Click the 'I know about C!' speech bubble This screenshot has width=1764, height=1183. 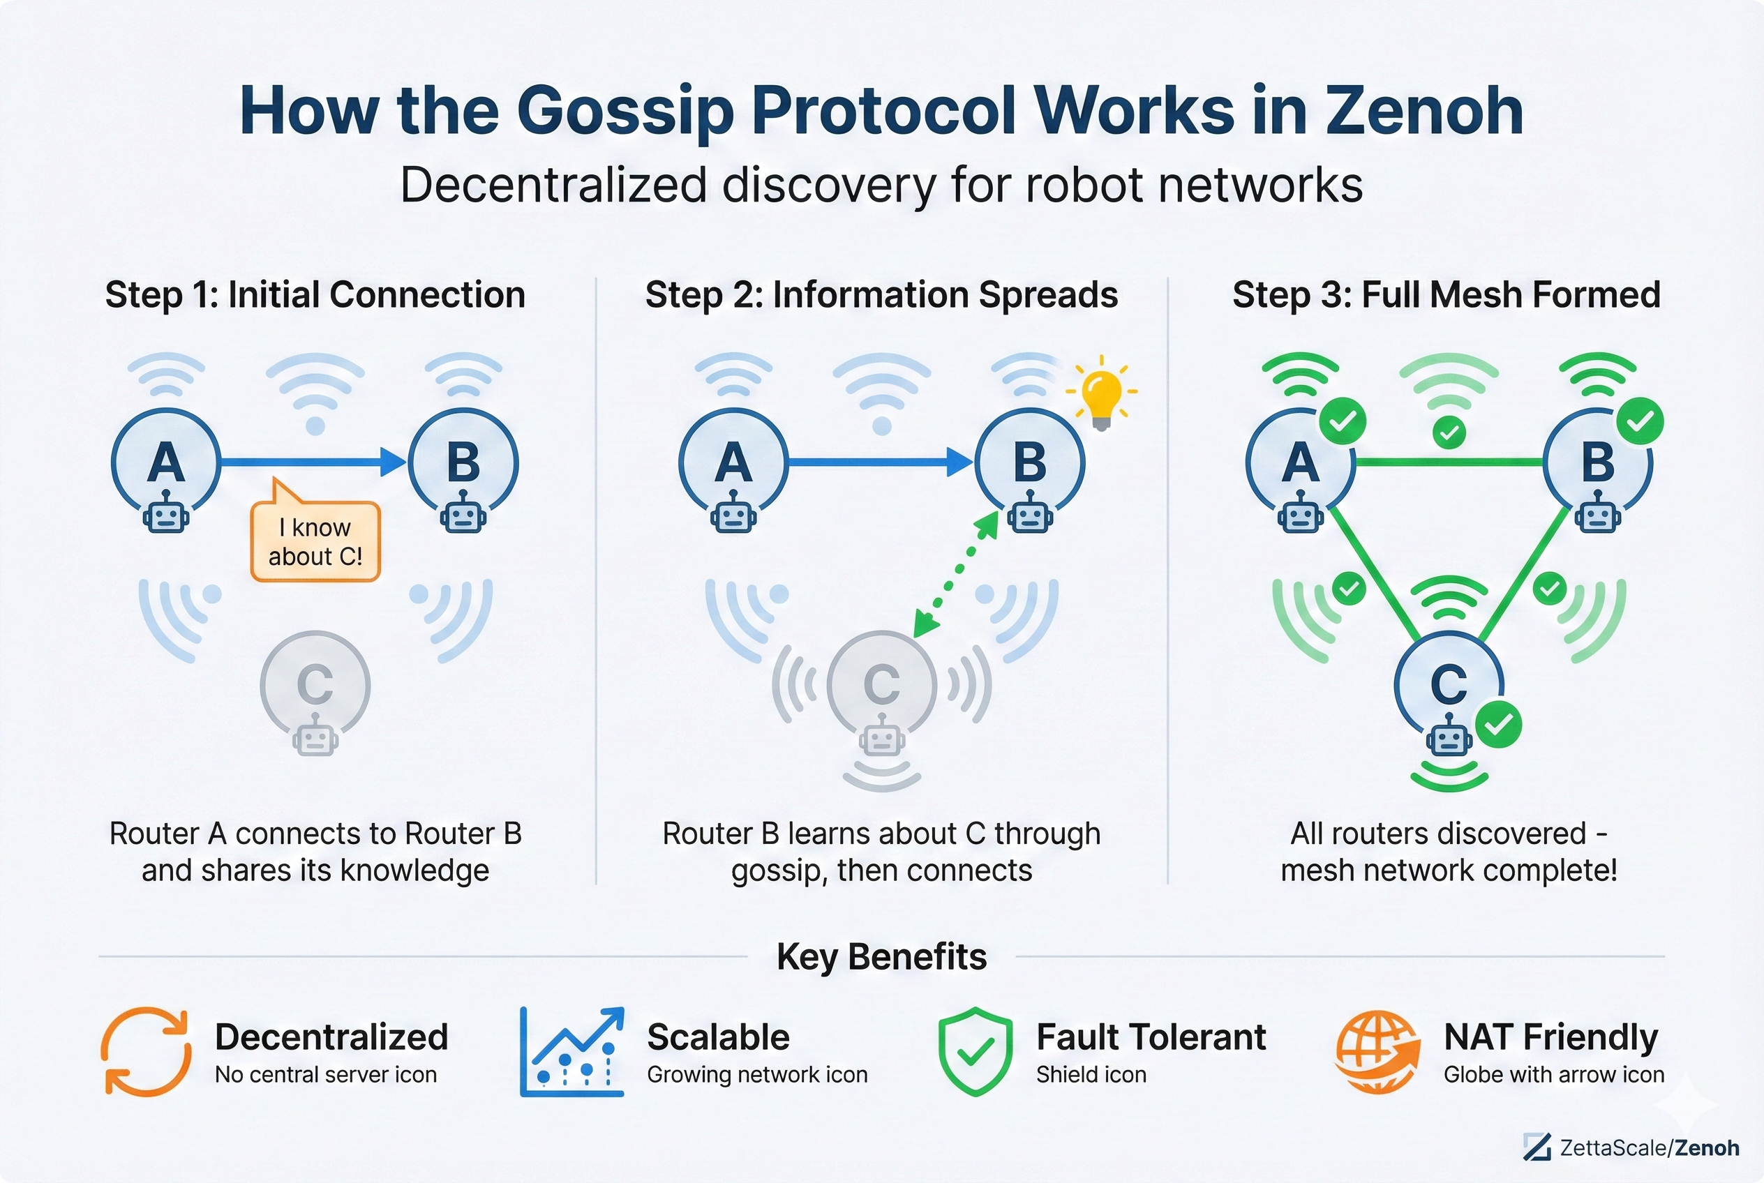click(315, 541)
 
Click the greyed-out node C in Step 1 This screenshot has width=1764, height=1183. click(315, 684)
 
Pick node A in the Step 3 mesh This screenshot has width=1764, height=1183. click(1299, 462)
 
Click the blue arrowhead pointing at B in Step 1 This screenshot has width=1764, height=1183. click(392, 462)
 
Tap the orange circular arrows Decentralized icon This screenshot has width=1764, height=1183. click(146, 1051)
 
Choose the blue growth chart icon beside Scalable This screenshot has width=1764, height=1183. click(572, 1051)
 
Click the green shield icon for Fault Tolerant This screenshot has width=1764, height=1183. click(976, 1051)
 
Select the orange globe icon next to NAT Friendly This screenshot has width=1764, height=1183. click(1377, 1052)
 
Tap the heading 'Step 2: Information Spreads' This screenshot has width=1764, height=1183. click(881, 294)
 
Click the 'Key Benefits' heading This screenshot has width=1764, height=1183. click(881, 957)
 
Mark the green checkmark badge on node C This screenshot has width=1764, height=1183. click(1498, 724)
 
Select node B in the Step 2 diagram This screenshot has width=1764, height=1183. click(1029, 462)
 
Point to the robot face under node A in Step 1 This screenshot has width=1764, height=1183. click(166, 515)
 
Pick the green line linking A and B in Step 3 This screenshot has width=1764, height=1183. click(1449, 462)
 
